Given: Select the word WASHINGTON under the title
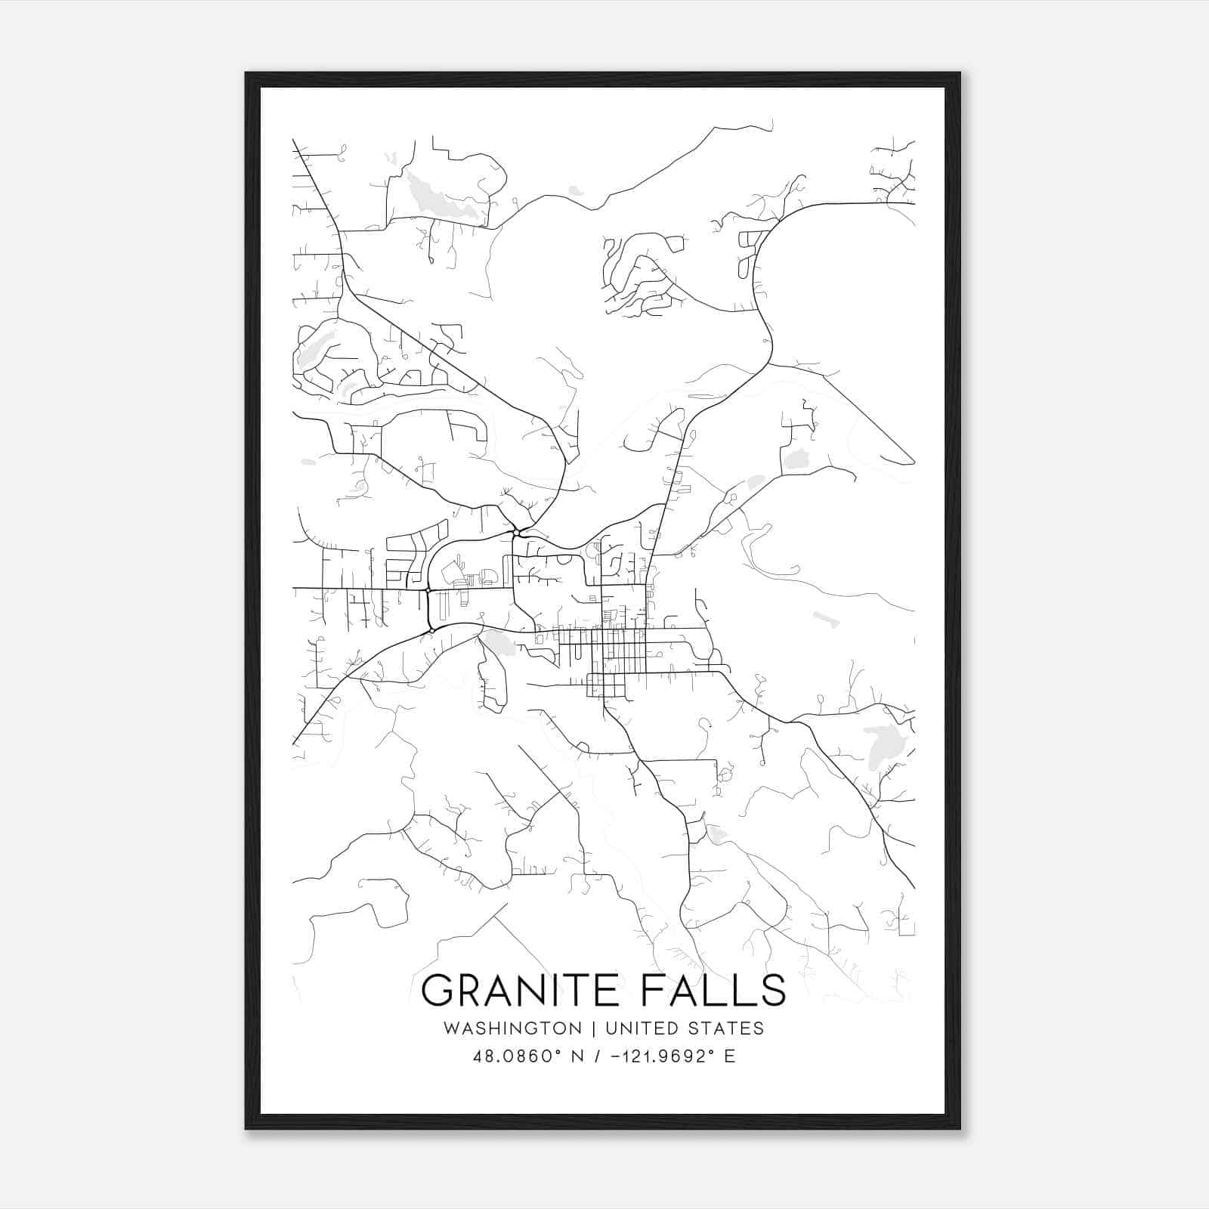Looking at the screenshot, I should tap(512, 1028).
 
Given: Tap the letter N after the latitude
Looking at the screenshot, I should tap(577, 1056).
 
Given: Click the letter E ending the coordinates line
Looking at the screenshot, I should tap(730, 1056).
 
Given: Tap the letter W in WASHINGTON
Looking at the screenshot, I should tap(451, 1028).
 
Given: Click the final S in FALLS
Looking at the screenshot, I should tap(774, 990).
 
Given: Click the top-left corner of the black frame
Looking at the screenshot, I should tap(246, 73).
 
